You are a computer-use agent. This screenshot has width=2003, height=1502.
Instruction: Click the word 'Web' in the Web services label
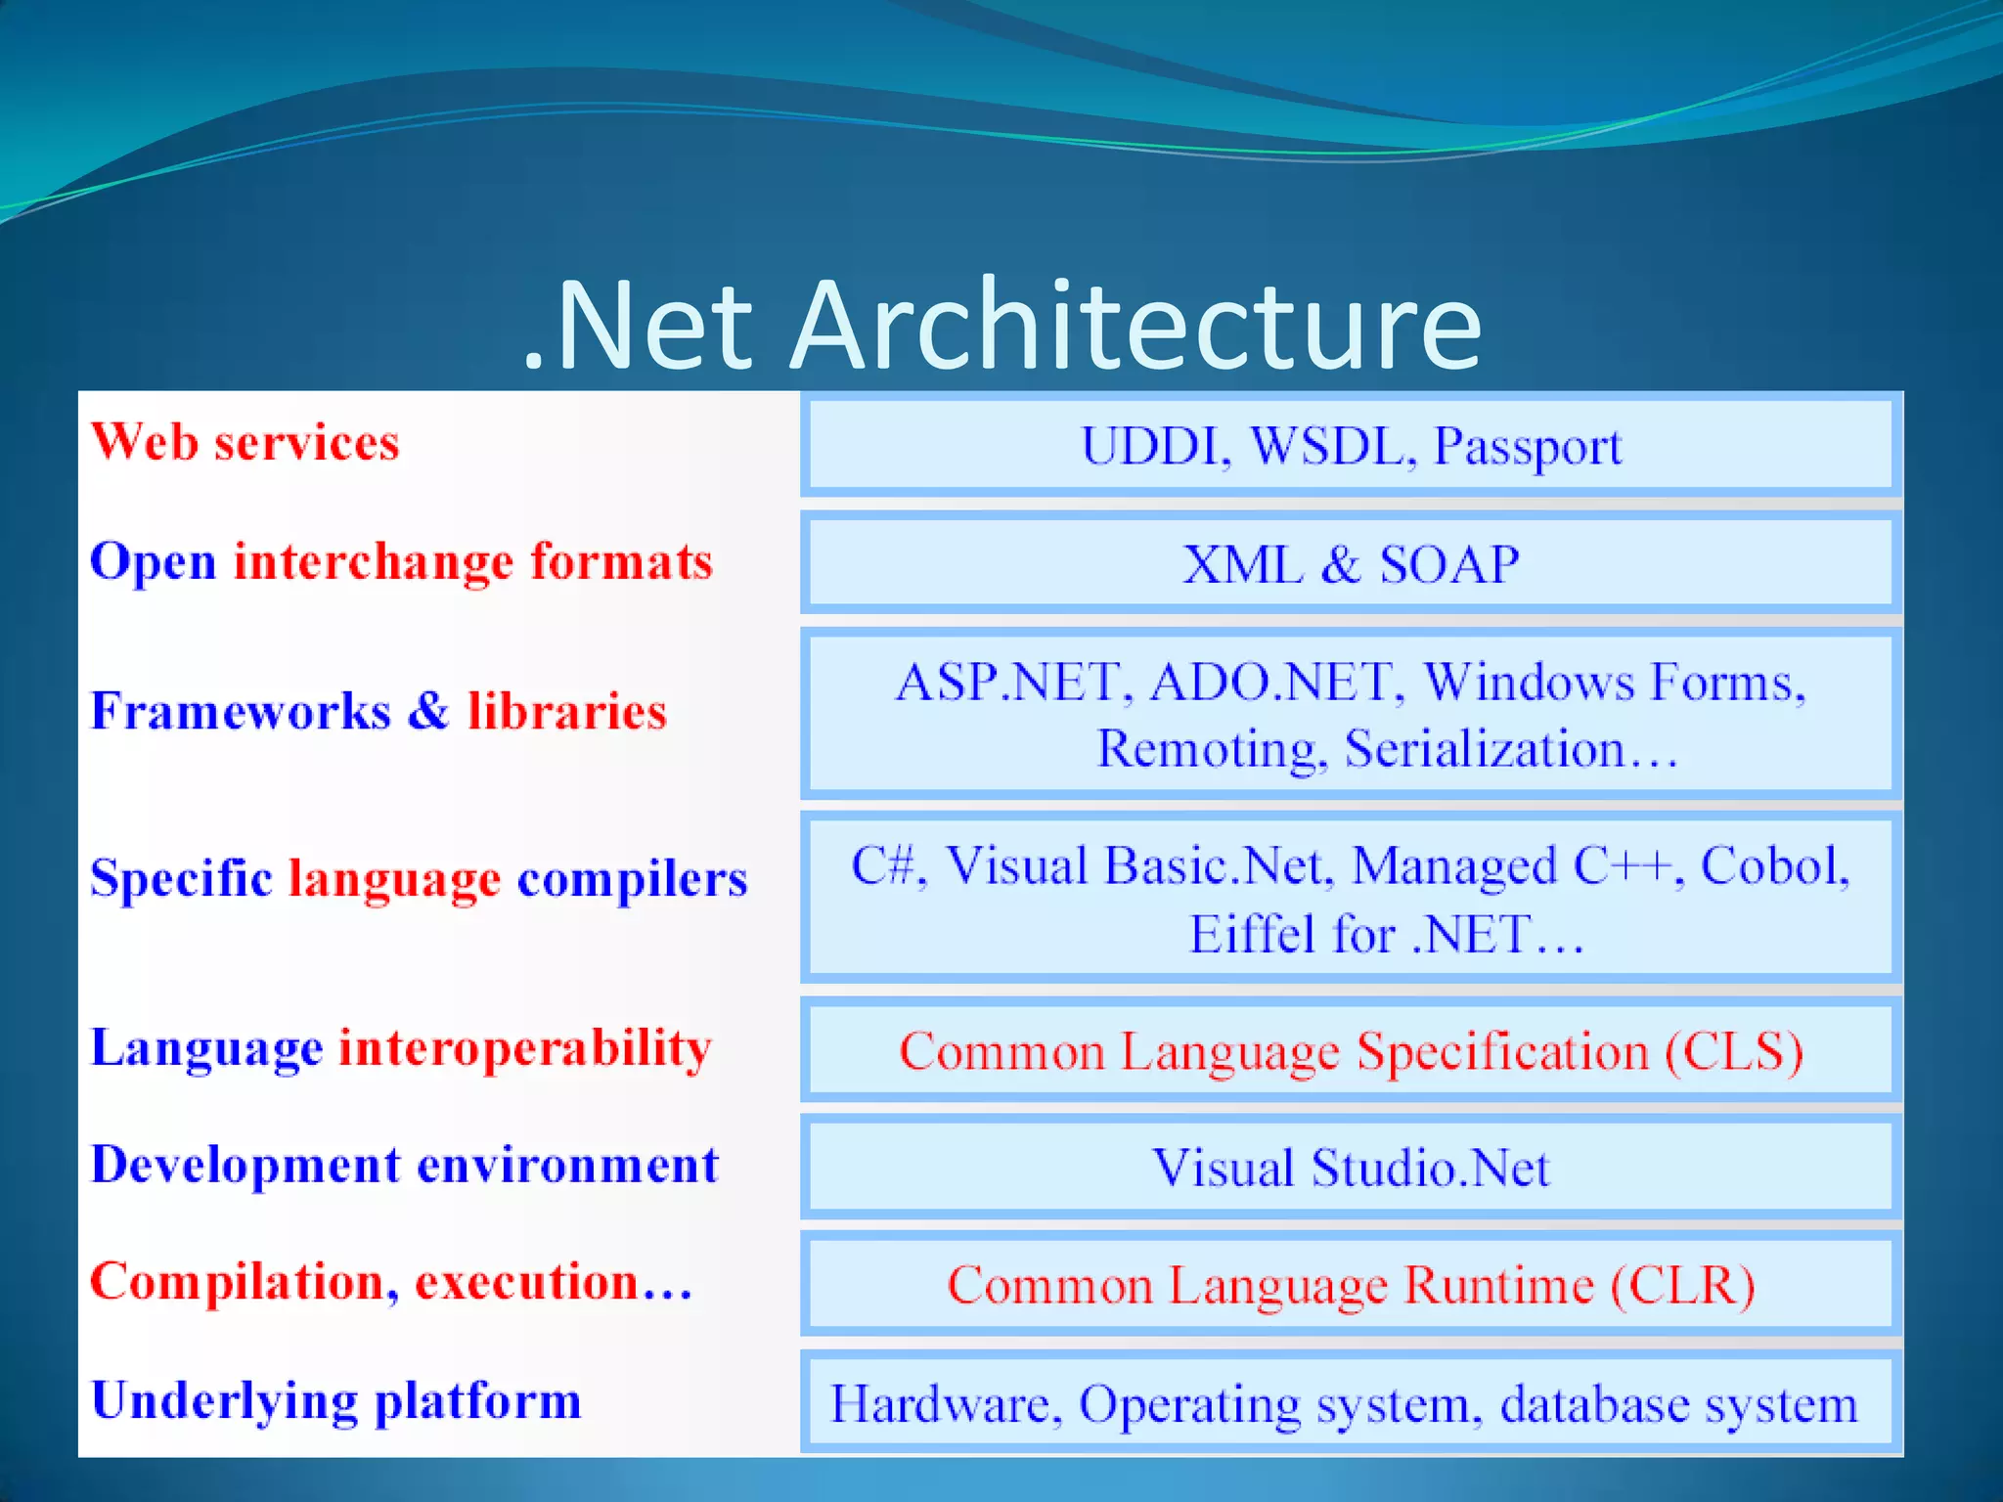point(144,442)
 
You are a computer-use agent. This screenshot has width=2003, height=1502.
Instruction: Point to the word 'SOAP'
point(1448,564)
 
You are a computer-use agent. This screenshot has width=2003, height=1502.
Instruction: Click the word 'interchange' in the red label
point(373,562)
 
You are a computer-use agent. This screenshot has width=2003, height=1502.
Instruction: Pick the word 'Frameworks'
point(241,711)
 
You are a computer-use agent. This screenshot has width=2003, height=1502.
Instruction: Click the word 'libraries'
point(567,711)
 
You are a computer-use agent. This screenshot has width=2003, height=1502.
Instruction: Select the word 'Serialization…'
point(1511,750)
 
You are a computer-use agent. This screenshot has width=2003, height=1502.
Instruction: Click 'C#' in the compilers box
point(887,865)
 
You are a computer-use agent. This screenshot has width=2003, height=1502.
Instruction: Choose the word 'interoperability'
point(525,1049)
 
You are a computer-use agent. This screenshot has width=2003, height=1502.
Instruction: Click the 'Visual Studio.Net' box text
point(1351,1168)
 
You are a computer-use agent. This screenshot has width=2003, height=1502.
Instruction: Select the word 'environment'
point(568,1166)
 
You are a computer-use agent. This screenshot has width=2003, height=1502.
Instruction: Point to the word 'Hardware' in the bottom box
point(945,1404)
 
